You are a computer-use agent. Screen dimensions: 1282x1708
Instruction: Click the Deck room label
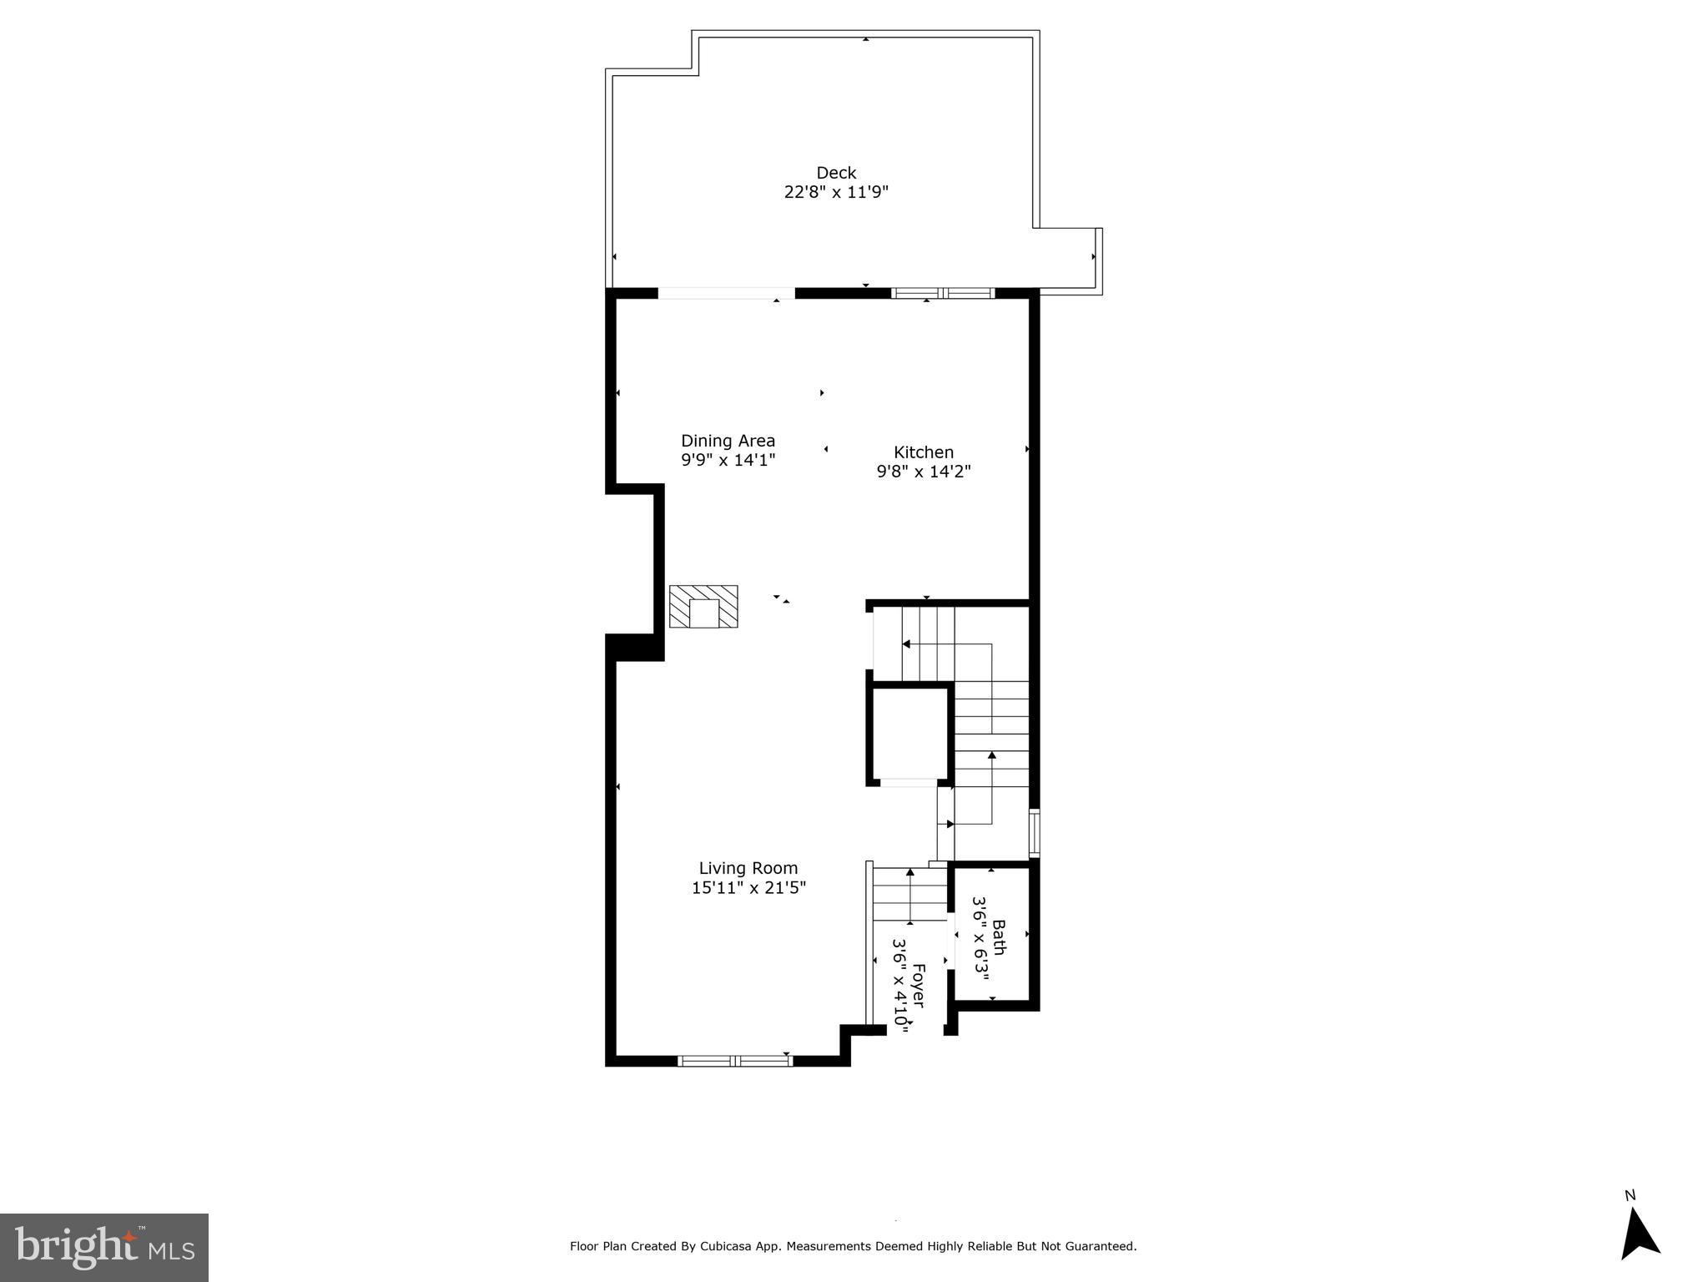[836, 173]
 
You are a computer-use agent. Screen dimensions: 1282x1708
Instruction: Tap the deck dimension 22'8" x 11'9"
[836, 192]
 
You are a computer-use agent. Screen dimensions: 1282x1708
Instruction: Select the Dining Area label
[728, 441]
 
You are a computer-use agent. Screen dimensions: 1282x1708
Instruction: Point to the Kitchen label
[924, 452]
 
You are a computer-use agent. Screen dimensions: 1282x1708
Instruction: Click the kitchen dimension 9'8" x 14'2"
[924, 472]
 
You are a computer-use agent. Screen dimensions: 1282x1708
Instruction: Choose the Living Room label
[748, 868]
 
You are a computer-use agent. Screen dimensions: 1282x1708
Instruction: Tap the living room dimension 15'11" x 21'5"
[748, 888]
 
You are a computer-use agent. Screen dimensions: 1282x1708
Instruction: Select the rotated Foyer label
[918, 985]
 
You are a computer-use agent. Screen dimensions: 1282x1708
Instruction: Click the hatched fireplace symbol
[703, 607]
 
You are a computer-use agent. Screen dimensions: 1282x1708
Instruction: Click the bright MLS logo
[104, 1247]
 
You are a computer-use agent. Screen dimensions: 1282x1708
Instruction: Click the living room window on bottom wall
[734, 1061]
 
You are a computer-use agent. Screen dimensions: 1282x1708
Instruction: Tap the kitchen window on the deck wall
[943, 293]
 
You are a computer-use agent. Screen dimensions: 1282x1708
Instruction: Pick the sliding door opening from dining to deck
[726, 293]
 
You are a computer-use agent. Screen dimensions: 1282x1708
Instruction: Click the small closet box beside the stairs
[909, 734]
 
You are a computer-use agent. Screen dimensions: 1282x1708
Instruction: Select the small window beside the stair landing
[1035, 832]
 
